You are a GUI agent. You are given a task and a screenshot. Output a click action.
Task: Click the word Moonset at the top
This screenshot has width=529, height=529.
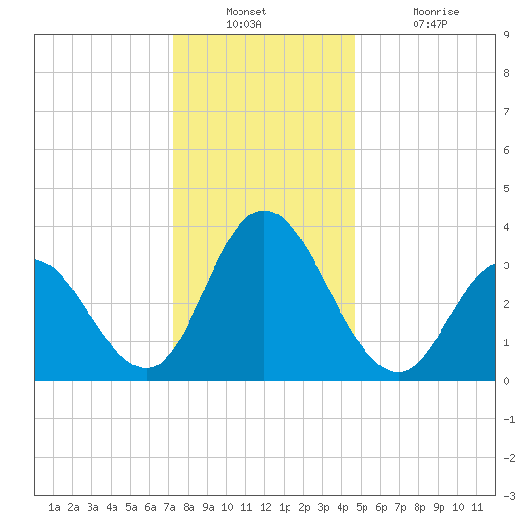(246, 12)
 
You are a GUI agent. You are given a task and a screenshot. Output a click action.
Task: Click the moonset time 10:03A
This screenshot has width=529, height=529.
(243, 24)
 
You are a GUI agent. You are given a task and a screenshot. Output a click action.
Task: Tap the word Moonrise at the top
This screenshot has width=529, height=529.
(436, 12)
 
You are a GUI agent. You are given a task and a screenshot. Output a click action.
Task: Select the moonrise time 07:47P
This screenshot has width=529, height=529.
(430, 24)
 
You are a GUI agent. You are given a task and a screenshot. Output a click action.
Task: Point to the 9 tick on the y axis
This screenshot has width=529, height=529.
(506, 35)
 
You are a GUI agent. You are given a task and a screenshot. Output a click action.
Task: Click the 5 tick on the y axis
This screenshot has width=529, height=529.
(506, 189)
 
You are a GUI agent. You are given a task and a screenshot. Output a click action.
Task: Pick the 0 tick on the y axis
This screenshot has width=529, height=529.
(506, 381)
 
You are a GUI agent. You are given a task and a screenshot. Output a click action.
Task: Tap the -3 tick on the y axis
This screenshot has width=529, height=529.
(509, 496)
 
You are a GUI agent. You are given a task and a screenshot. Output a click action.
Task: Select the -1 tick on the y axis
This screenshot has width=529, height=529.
(509, 419)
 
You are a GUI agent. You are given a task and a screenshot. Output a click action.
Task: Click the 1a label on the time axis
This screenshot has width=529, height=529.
(54, 507)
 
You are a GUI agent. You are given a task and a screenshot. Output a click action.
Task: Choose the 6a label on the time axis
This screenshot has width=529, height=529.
(150, 507)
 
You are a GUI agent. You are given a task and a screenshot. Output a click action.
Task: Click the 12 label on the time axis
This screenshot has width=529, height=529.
(265, 507)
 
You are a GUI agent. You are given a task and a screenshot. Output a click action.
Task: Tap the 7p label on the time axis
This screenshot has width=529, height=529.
(400, 507)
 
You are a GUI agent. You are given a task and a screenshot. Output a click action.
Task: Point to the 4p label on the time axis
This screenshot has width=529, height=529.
(342, 507)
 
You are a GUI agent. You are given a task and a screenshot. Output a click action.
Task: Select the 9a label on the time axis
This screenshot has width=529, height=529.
(208, 507)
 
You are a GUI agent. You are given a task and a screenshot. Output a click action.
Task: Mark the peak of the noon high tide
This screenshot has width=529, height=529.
(264, 211)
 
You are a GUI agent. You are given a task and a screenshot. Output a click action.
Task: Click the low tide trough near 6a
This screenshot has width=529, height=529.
(146, 368)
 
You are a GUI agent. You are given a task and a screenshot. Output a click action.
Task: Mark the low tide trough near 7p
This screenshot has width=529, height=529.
(399, 372)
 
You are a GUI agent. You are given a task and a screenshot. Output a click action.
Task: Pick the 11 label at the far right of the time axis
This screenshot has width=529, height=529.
(477, 507)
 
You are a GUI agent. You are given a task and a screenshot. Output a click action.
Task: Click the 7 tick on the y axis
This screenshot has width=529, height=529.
(506, 112)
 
